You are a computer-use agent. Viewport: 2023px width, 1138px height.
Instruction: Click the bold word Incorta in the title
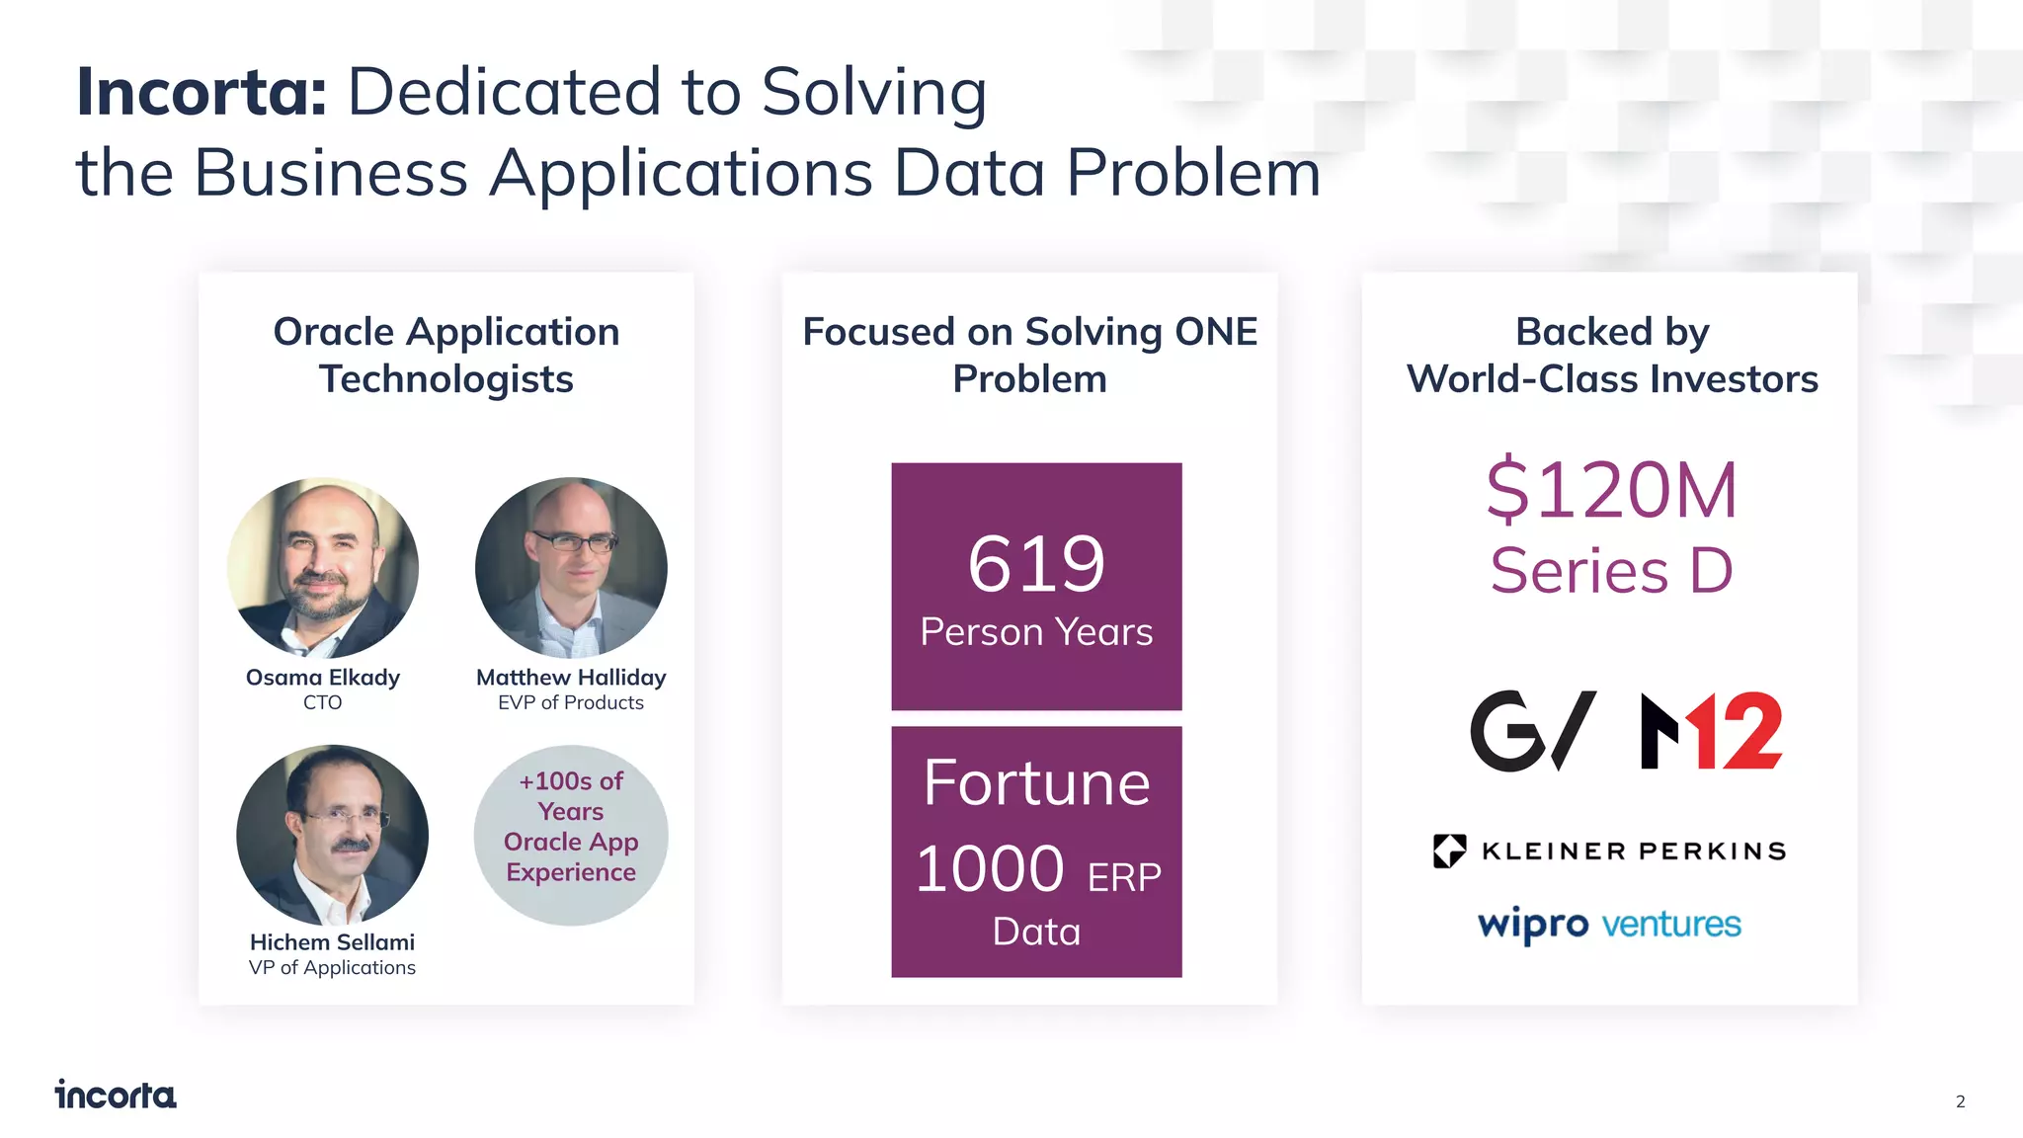coord(202,92)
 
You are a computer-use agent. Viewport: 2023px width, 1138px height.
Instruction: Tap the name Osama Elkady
coord(323,678)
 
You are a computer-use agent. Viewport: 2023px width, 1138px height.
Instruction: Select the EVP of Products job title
coord(571,702)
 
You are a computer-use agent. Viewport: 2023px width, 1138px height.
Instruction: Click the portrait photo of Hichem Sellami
coord(332,835)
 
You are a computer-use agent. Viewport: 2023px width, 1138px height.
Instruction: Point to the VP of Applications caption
coord(332,967)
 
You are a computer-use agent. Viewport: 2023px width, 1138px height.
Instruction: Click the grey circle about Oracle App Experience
coord(571,835)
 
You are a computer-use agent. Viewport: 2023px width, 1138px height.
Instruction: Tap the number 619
coord(1036,564)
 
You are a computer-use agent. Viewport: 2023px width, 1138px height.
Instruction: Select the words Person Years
coord(1036,632)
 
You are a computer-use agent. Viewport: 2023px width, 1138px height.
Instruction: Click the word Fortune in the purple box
coord(1036,783)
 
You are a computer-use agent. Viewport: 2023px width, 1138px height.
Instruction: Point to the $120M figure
coord(1611,490)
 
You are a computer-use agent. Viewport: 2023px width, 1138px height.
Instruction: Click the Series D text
coord(1611,571)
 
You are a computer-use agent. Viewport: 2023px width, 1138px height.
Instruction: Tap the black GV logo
coord(1532,731)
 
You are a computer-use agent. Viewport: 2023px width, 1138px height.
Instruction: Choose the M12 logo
coord(1711,731)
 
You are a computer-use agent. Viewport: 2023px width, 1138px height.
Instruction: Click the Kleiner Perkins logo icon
coord(1449,851)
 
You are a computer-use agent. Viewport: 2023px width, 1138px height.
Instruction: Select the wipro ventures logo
coord(1609,925)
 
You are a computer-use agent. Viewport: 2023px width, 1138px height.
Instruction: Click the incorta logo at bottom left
coord(116,1095)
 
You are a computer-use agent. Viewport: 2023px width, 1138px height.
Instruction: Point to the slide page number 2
coord(1960,1101)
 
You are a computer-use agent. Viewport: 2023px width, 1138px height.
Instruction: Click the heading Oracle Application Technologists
coord(446,356)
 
